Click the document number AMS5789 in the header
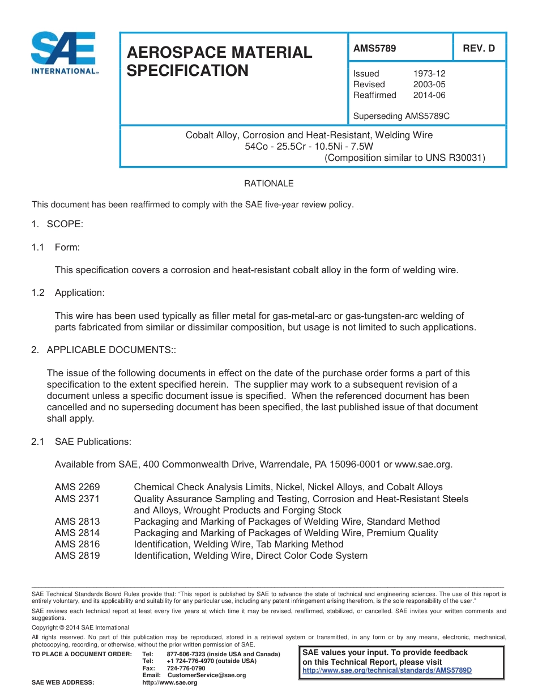(x=374, y=49)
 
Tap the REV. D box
(x=479, y=49)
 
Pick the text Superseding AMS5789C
(x=401, y=117)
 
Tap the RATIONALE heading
(x=268, y=184)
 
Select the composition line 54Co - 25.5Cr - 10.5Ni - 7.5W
(x=309, y=147)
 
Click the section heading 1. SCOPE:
(x=57, y=224)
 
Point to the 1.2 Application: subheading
(x=68, y=292)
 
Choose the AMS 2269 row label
(x=77, y=487)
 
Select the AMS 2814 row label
(x=77, y=533)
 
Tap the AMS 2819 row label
(x=77, y=555)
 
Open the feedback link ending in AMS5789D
(x=387, y=670)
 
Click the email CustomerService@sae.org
(x=206, y=675)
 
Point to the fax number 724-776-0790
(x=186, y=669)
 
